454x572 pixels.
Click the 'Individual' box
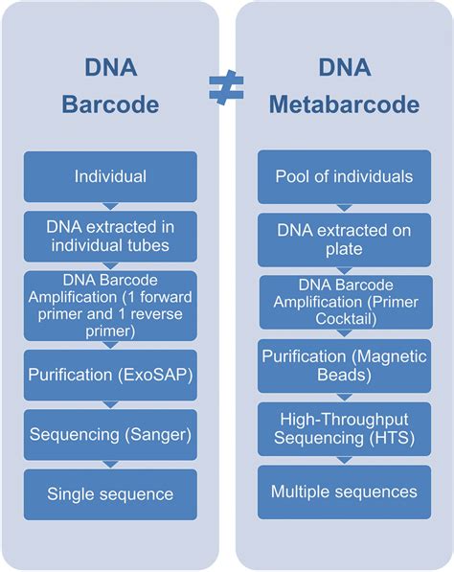[x=110, y=176]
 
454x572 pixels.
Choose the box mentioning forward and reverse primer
[x=110, y=306]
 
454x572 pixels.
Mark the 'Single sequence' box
[x=110, y=494]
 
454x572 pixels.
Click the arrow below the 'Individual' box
[x=110, y=206]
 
